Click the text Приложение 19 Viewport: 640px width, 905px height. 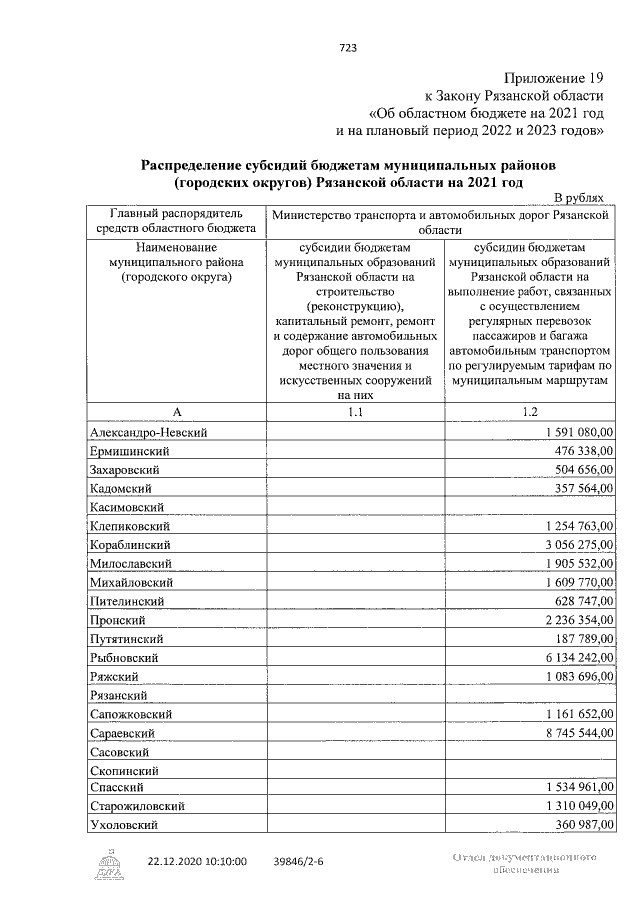554,77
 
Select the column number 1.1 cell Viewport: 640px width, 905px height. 356,411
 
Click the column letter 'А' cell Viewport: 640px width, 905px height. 177,411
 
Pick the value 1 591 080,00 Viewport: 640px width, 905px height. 579,431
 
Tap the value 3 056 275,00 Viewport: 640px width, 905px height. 579,544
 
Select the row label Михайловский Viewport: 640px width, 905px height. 132,581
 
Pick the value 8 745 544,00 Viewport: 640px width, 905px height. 579,732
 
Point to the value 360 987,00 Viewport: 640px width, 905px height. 585,825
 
